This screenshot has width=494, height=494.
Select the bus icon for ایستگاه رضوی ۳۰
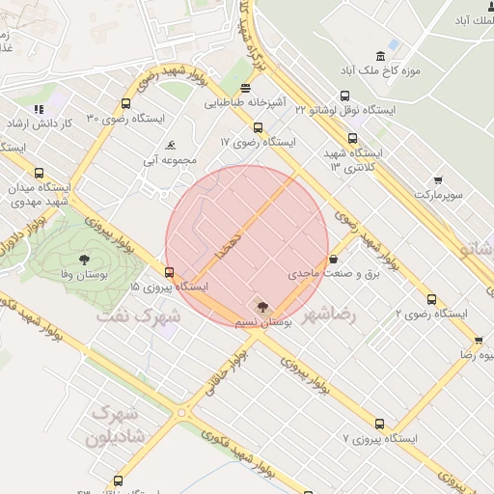click(x=126, y=104)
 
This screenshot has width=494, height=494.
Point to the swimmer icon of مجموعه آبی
click(x=171, y=146)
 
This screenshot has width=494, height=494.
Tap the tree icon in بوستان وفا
click(x=84, y=259)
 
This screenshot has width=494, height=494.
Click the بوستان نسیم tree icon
click(x=263, y=306)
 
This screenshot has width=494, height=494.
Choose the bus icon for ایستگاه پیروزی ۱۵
click(x=170, y=272)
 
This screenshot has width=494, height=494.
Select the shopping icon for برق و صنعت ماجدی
click(x=333, y=259)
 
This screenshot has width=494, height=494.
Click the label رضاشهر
click(x=329, y=316)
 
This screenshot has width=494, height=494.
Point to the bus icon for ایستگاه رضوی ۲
click(x=430, y=299)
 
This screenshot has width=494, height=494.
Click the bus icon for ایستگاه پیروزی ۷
click(x=379, y=423)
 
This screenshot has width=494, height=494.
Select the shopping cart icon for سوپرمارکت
click(x=438, y=179)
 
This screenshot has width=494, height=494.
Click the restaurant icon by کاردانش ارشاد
click(x=39, y=109)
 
